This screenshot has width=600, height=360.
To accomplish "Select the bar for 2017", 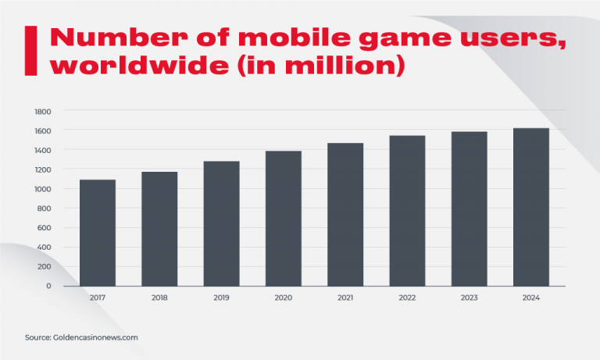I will coord(98,233).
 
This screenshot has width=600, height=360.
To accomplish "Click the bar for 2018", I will coord(159,229).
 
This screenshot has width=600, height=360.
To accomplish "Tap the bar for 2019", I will coord(221,223).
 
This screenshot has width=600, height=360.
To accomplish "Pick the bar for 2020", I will coord(284,219).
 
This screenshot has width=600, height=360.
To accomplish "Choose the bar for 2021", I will coord(345,215).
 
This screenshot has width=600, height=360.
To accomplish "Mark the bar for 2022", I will coord(407,211).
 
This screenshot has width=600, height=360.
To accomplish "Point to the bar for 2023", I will coord(469,209).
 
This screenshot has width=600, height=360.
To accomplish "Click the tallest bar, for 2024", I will coord(531,207).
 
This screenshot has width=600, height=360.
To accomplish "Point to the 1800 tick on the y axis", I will coord(42,111).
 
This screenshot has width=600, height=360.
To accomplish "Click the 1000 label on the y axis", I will coord(42,189).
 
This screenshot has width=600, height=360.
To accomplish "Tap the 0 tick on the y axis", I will coord(48,286).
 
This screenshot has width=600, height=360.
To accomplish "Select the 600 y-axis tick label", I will coord(45,228).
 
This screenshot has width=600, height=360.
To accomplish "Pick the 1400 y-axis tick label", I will coord(42,150).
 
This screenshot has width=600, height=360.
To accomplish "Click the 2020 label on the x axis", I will coord(284,298).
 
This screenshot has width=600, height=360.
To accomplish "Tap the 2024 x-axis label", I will coord(531,298).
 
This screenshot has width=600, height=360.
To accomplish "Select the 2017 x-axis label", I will coord(98,298).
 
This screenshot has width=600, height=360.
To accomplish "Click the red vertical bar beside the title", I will coord(30,50).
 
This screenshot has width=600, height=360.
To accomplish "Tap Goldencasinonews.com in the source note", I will coord(95,337).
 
